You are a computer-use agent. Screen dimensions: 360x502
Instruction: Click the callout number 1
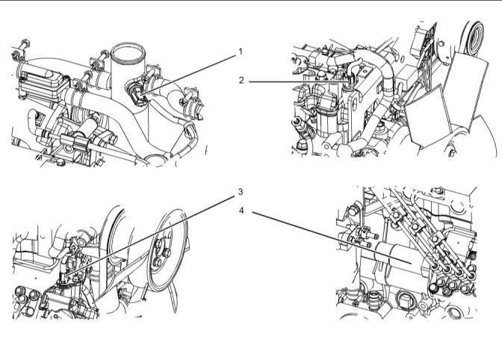pyautogui.click(x=241, y=52)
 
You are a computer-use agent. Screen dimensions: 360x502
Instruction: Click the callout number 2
pyautogui.click(x=241, y=80)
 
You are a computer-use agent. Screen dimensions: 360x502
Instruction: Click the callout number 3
pyautogui.click(x=241, y=191)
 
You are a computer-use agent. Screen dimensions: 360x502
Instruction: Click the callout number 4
pyautogui.click(x=241, y=211)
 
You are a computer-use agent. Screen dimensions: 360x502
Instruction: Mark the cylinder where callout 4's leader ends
pyautogui.click(x=403, y=261)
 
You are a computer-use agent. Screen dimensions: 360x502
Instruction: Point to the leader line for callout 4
pyautogui.click(x=329, y=237)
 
